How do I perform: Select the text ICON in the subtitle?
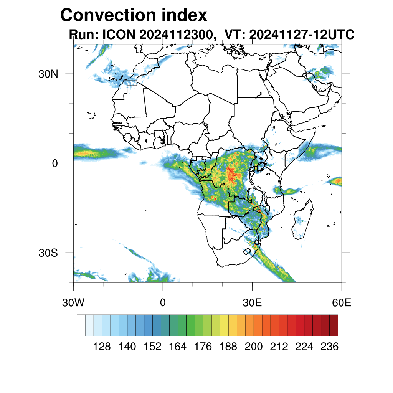point(118,35)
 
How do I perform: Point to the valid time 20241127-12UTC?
point(302,35)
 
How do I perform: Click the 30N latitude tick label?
point(48,74)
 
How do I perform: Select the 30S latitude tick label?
point(48,253)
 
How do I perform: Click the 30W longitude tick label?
point(73,303)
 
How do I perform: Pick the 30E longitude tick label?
point(252,303)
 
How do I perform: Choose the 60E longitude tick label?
point(342,303)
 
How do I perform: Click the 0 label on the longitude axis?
point(163,303)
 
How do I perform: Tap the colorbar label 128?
point(102,347)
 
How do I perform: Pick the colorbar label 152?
point(152,347)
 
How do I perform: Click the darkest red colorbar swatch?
point(334,325)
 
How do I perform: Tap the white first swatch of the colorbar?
point(81,325)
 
